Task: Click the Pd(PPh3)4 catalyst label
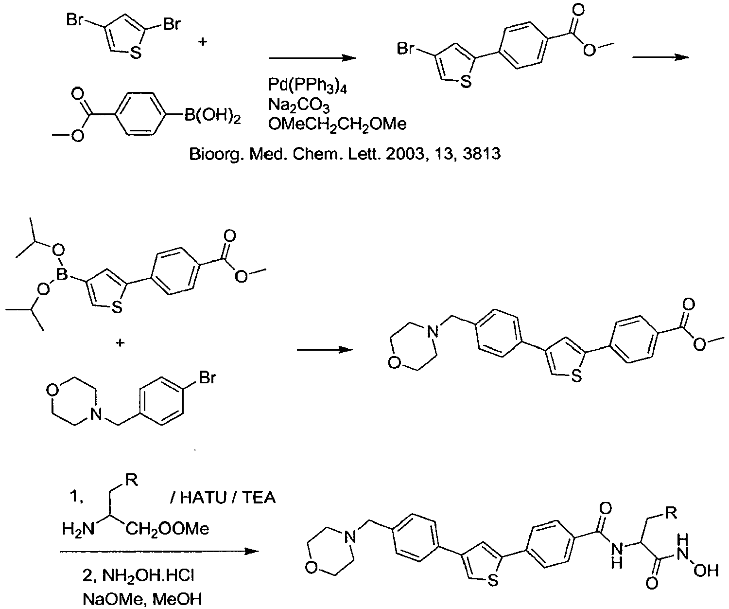308,85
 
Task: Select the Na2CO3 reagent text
299,105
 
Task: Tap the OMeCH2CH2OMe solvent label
337,125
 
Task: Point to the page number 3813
482,153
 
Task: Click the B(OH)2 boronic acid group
213,116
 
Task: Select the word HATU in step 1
203,497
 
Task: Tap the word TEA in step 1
259,497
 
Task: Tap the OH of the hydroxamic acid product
706,571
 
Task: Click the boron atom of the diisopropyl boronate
62,274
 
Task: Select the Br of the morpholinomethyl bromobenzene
208,377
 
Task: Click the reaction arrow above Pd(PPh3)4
312,58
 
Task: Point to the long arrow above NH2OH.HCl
159,552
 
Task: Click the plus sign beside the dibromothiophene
203,42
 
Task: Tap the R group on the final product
671,513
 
